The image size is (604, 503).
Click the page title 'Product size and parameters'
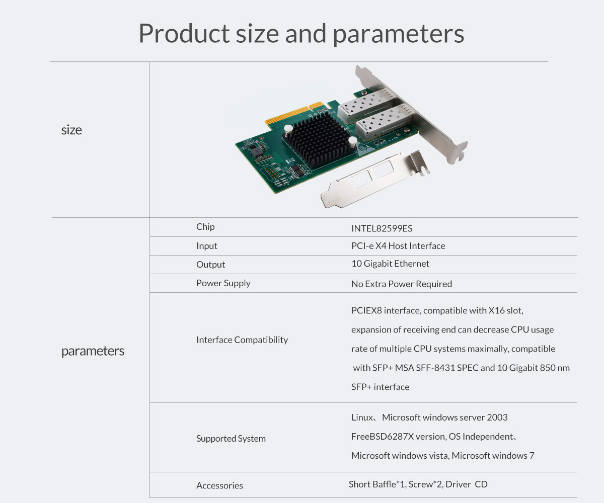point(301,34)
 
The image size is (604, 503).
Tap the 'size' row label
point(71,130)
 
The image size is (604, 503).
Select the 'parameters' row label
point(93,351)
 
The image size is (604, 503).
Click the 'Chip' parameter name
point(205,227)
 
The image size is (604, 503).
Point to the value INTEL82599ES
point(382,228)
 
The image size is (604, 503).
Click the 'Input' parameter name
point(206,246)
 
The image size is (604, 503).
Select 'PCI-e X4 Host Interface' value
point(398,246)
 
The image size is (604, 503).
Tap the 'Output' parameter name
point(210,264)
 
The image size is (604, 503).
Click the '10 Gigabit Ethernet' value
point(390,264)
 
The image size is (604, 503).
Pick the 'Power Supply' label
point(223,283)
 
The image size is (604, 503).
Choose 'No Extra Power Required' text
point(402,284)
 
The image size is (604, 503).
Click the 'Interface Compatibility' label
point(242,340)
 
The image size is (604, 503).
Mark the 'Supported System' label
point(231,439)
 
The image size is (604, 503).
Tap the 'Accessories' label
point(219,485)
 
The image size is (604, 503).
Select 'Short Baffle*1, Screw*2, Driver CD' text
point(418,484)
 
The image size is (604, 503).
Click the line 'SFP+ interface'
point(380,387)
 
